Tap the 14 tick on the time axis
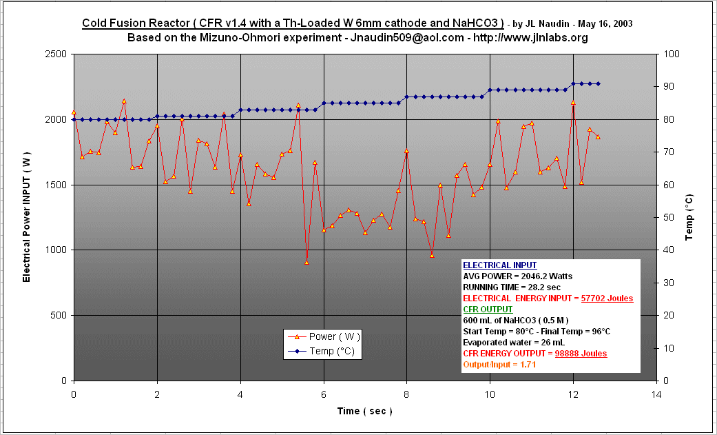coord(656,394)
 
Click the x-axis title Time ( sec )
coord(364,411)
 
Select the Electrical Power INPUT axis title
coord(27,218)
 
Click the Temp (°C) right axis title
coord(689,218)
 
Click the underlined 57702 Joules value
coord(607,299)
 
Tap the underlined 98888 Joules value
coord(581,354)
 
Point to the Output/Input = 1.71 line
coord(499,364)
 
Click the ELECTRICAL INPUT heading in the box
coord(499,265)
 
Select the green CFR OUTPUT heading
coord(488,310)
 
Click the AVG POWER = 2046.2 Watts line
coord(517,276)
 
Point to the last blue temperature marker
coord(598,83)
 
